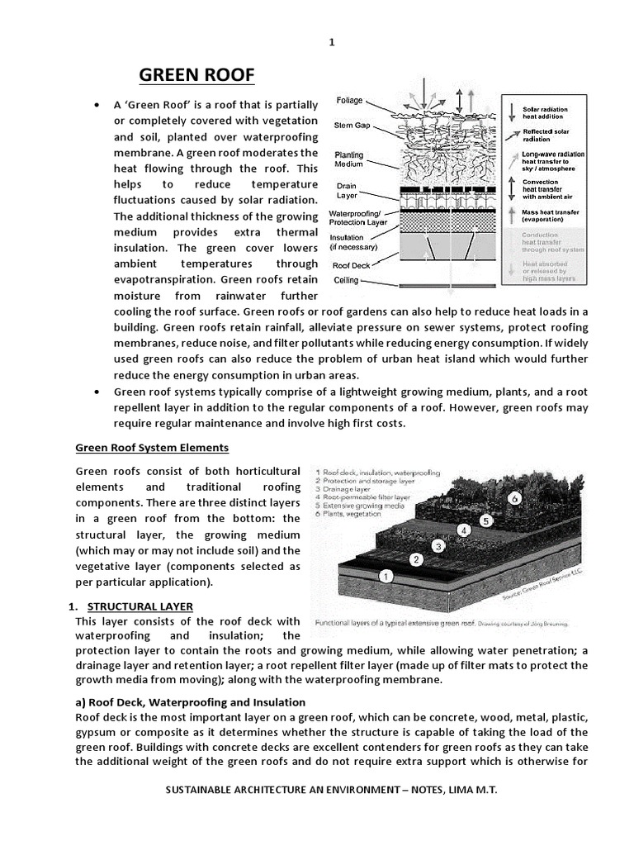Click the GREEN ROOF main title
tap(196, 76)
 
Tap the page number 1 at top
tap(331, 43)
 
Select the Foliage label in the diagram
tap(351, 101)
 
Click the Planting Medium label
tap(348, 159)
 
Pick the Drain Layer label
tap(347, 191)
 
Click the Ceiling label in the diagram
tap(346, 281)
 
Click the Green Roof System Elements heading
tap(152, 448)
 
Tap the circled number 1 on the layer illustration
tap(384, 576)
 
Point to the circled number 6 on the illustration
tap(513, 498)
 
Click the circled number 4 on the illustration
tap(465, 530)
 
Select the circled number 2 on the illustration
tap(417, 559)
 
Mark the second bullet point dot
tap(98, 391)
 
